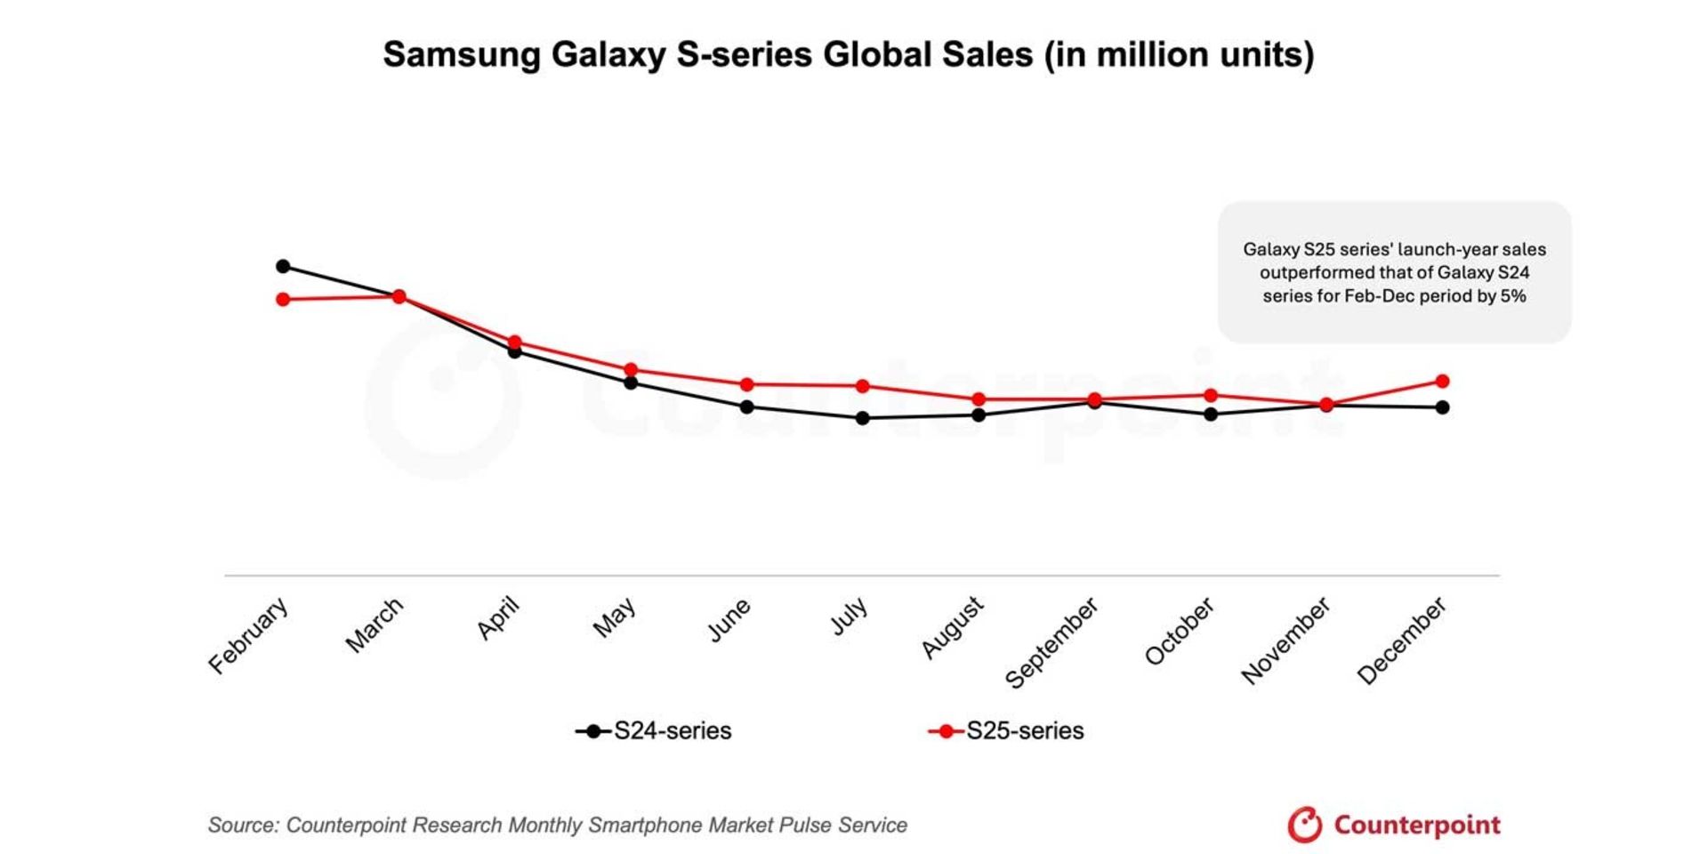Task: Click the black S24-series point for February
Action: point(283,266)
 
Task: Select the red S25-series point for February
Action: point(283,300)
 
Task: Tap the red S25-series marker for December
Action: point(1443,382)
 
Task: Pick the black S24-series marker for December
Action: point(1443,407)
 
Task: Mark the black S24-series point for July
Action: point(862,418)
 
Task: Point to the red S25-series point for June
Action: point(747,384)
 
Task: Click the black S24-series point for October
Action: point(1211,415)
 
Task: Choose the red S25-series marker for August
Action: point(979,399)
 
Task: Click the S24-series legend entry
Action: point(655,731)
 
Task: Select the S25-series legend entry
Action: point(1007,731)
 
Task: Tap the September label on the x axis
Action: point(1051,643)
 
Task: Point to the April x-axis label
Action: point(498,619)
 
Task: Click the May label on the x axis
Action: point(615,617)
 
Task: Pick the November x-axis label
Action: point(1285,640)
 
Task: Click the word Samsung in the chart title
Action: point(462,55)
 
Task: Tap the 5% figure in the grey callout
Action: point(1513,296)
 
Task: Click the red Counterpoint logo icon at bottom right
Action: point(1305,825)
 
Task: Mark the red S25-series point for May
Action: point(631,369)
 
